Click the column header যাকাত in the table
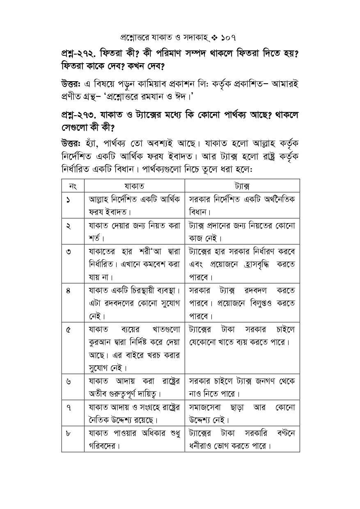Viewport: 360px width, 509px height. [x=134, y=186]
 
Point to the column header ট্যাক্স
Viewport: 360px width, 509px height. [x=242, y=186]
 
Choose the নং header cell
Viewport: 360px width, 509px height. [x=73, y=186]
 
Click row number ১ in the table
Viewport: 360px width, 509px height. [x=67, y=200]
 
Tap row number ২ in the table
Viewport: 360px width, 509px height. [x=67, y=226]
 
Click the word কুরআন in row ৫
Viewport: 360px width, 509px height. [x=100, y=342]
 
